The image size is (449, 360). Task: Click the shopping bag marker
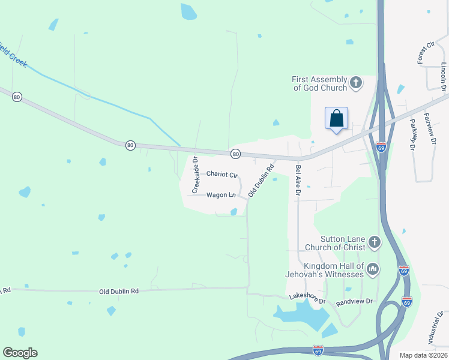click(x=337, y=118)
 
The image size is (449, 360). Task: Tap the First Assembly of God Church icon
click(x=356, y=82)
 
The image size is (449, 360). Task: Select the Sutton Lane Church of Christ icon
click(x=374, y=242)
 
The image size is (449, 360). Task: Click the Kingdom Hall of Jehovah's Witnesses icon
click(x=373, y=270)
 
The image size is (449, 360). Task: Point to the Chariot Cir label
click(x=222, y=174)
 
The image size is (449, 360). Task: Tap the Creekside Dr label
click(x=195, y=175)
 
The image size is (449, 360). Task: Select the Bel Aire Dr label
click(x=297, y=176)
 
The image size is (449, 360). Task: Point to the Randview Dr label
click(x=354, y=301)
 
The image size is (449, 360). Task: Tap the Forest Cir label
click(x=425, y=53)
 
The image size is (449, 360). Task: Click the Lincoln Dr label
click(x=444, y=77)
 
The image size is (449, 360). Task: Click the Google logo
click(x=20, y=353)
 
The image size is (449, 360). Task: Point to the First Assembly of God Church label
click(x=320, y=83)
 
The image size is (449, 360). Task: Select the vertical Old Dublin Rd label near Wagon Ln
click(x=261, y=181)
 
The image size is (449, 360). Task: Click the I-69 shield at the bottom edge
click(x=318, y=349)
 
